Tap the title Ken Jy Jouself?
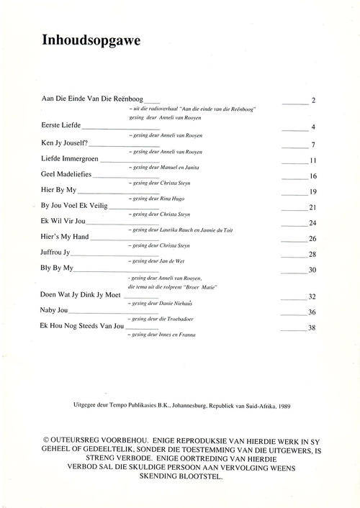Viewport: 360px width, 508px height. pos(66,142)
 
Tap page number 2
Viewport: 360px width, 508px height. pos(313,101)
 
